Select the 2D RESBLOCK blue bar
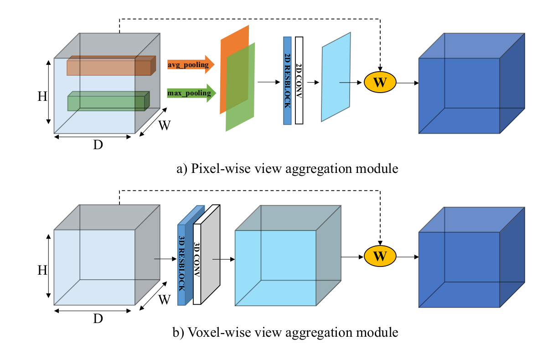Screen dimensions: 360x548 pyautogui.click(x=287, y=81)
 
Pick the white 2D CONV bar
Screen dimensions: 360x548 pyautogui.click(x=299, y=80)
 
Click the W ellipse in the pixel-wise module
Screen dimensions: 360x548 pyautogui.click(x=380, y=83)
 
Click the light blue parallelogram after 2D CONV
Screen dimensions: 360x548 pyautogui.click(x=336, y=77)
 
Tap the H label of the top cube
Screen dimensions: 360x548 pyautogui.click(x=42, y=97)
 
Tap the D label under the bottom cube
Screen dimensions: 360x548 pyautogui.click(x=98, y=318)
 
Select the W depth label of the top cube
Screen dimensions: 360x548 pyautogui.click(x=165, y=125)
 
